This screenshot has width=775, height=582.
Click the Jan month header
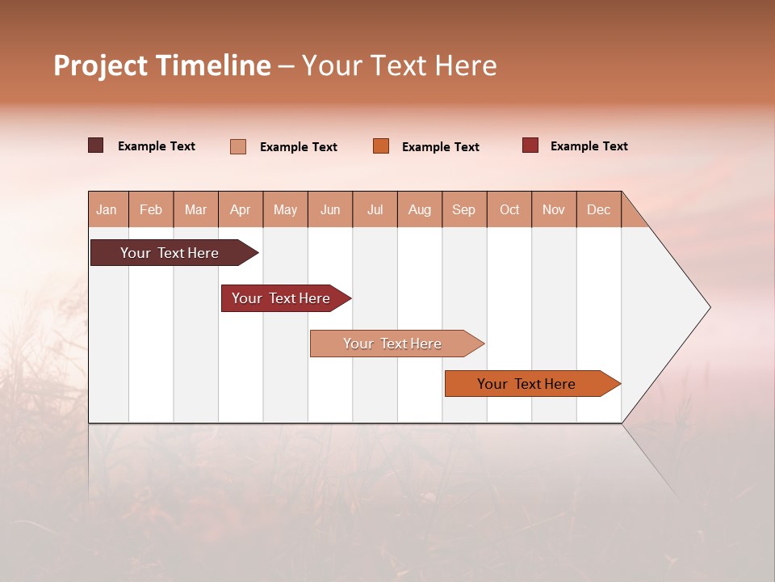tap(107, 209)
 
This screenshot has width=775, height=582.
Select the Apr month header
tap(240, 209)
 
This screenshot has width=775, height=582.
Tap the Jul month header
tap(375, 209)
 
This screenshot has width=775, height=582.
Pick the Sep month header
tap(463, 209)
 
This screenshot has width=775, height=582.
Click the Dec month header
tap(598, 209)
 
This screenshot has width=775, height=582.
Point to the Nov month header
tap(553, 209)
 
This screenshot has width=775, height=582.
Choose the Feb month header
tap(151, 209)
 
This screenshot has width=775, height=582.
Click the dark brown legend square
tap(96, 145)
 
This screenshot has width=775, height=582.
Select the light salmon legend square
tap(238, 146)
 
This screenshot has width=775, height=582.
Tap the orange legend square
tap(381, 146)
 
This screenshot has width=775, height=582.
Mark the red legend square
tap(530, 145)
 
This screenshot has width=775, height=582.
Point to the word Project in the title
tap(100, 65)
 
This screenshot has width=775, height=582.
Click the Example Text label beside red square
tap(589, 146)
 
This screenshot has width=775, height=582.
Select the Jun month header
tap(329, 209)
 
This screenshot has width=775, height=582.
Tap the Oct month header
tap(509, 209)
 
